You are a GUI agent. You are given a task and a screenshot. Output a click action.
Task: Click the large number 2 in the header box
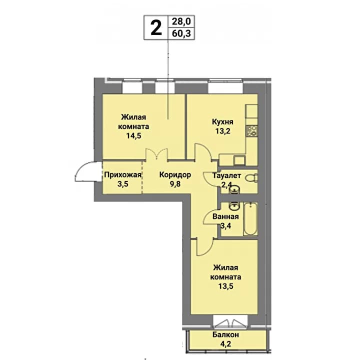156,27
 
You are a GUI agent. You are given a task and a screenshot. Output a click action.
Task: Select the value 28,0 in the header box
181,21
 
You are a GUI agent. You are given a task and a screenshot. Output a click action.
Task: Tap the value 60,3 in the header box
181,33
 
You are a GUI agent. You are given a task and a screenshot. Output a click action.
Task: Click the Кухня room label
222,121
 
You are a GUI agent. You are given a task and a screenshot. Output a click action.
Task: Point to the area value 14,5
133,135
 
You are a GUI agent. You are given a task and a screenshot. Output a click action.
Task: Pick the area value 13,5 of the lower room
225,286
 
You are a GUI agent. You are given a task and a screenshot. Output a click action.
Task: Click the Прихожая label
122,175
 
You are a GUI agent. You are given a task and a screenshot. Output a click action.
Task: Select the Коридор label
175,175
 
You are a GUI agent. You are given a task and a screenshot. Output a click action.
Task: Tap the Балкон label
225,334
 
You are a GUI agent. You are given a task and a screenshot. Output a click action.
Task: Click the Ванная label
225,216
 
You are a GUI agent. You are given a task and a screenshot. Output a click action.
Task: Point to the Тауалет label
226,175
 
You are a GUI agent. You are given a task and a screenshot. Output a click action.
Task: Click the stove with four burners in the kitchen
251,131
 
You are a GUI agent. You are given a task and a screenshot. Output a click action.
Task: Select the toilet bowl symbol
251,178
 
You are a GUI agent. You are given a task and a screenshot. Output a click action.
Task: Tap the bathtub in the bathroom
250,219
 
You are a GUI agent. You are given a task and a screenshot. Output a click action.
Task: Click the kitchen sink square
239,160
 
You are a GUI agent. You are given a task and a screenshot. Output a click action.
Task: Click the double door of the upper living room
157,154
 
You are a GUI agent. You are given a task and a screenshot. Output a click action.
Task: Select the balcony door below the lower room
230,322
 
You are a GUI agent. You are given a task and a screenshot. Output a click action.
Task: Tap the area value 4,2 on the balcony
225,344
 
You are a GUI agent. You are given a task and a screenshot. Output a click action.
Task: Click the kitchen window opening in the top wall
225,86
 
